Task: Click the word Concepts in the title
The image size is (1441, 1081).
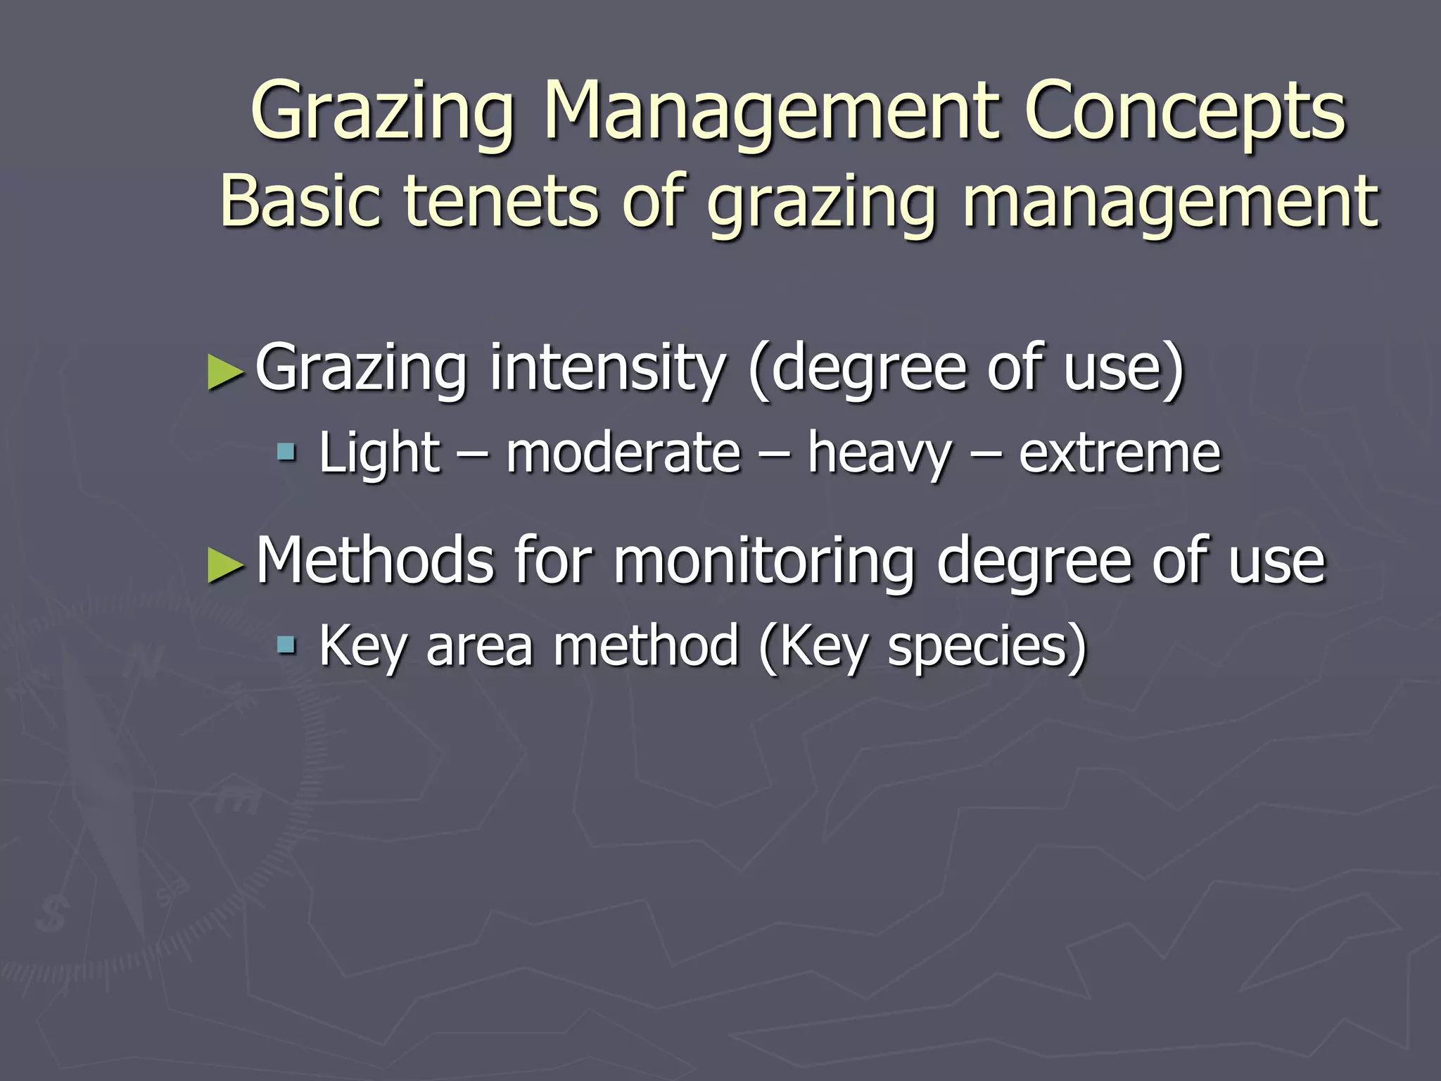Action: (1184, 111)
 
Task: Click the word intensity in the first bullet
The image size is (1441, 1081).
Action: (607, 368)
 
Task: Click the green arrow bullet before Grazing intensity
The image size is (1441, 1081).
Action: (226, 372)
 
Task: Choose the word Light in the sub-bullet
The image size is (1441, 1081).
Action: (379, 453)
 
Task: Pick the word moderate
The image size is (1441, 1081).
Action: (623, 453)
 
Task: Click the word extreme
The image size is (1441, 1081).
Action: (1119, 453)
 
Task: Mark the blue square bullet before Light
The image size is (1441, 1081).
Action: (286, 451)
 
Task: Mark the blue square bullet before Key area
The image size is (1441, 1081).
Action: (286, 643)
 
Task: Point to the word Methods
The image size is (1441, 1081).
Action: (375, 560)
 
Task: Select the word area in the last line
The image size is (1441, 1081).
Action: (479, 646)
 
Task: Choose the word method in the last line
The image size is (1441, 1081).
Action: (645, 645)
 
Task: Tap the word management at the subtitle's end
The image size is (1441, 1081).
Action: (1170, 202)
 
